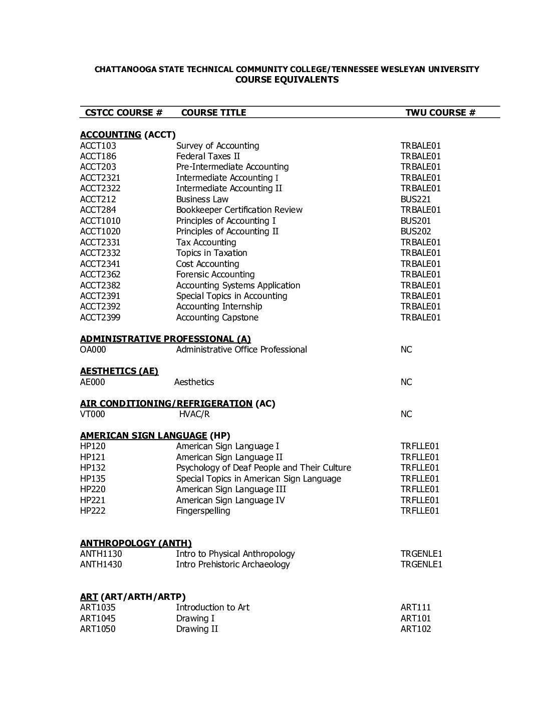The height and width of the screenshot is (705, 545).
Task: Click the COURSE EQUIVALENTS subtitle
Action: click(x=287, y=80)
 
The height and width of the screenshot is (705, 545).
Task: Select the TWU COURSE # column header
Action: click(x=440, y=113)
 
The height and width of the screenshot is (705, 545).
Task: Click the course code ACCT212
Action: click(x=98, y=199)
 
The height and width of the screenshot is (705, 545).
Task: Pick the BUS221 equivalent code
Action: click(x=415, y=199)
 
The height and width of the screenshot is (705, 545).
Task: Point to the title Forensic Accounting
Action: click(x=215, y=274)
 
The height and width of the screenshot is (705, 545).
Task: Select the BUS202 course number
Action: click(x=415, y=231)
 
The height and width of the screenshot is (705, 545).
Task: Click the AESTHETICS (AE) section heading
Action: click(x=119, y=371)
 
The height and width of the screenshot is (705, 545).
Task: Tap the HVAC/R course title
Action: click(x=194, y=414)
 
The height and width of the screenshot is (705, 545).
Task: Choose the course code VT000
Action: click(x=93, y=414)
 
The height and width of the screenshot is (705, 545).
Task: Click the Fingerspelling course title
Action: click(x=203, y=511)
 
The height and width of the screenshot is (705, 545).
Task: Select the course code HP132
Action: click(x=93, y=468)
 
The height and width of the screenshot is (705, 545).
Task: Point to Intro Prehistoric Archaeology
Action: click(x=232, y=564)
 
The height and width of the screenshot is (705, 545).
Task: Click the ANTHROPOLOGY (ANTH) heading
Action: click(x=136, y=543)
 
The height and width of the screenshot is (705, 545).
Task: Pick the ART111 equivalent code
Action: click(x=415, y=607)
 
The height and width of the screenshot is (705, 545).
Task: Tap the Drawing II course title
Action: click(x=197, y=629)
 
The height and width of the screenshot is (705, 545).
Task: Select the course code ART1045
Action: click(x=98, y=618)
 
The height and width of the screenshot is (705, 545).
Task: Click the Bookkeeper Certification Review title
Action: click(x=239, y=210)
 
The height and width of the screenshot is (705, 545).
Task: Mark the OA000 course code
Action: click(x=93, y=349)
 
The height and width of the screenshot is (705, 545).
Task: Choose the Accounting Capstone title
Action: click(x=217, y=317)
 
